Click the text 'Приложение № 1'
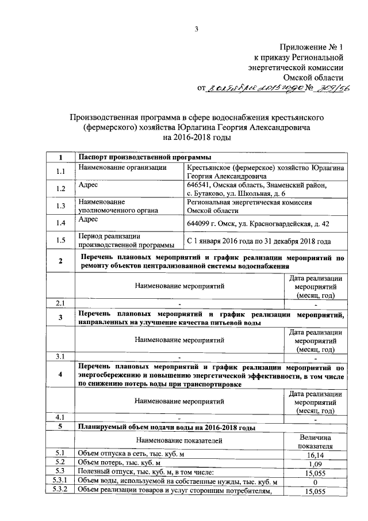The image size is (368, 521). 312,48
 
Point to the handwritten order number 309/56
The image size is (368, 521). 332,87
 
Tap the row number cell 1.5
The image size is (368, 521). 60,241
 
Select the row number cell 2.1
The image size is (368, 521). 60,303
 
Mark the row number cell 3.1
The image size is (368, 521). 60,356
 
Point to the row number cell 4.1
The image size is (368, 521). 60,417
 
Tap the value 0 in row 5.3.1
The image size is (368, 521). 315,481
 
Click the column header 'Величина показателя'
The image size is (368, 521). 315,440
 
